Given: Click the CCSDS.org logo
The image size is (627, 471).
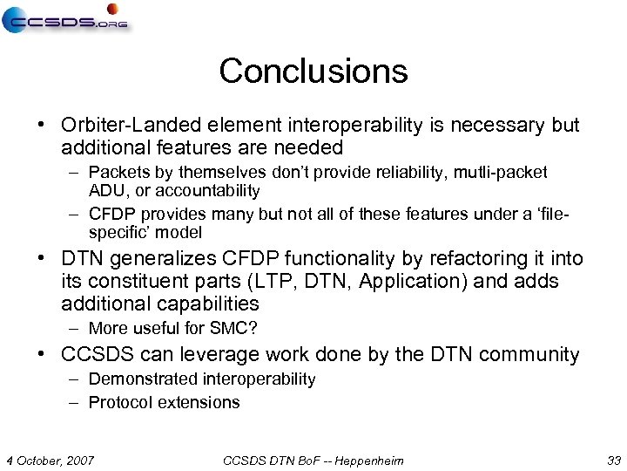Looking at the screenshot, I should tap(65, 18).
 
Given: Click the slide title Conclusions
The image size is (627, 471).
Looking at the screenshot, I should tap(313, 71).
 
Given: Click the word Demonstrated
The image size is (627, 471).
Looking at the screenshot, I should tap(143, 379).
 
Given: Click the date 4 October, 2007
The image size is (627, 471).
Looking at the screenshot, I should tap(50, 460).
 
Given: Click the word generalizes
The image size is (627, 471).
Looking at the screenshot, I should tap(166, 259).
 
